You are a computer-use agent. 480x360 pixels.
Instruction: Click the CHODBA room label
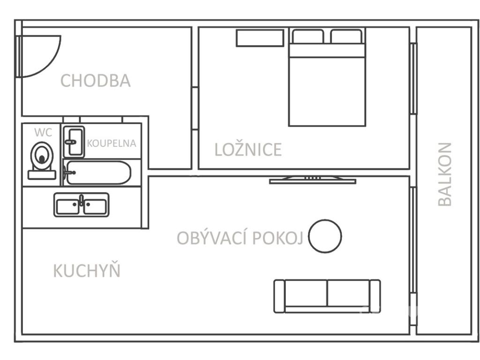coord(96,81)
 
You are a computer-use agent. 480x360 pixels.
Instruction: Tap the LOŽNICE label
coord(248,150)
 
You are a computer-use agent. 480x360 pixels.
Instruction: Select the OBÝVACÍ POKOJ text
coord(240,238)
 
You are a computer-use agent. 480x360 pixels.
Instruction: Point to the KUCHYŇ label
coord(87,271)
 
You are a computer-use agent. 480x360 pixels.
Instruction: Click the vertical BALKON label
coord(445,174)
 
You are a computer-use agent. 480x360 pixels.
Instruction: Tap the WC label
coord(43,133)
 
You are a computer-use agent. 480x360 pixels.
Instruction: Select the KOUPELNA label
coord(112,143)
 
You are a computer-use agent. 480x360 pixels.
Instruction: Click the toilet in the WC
coord(42,158)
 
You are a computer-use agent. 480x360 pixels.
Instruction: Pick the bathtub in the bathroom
coord(97,173)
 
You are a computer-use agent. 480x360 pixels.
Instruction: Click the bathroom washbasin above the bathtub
coord(74,141)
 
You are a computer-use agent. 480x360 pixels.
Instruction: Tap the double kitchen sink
coord(81,205)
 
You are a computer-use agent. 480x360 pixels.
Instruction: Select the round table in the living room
coord(325,236)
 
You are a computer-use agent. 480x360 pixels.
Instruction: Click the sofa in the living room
coord(327,296)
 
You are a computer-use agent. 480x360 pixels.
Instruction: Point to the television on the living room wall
coord(312,180)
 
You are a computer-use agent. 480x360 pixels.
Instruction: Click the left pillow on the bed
coord(308,37)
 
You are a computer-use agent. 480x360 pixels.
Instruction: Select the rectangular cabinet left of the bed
coord(260,38)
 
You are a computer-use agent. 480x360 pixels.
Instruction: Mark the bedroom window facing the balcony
coord(413,78)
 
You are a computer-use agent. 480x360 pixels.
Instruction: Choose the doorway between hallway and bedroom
coord(195,108)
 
